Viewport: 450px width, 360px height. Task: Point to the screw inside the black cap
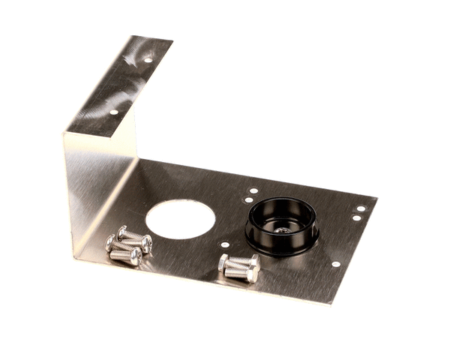click(283, 229)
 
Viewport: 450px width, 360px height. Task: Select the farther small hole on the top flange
click(148, 60)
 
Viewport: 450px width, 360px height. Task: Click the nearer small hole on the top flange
click(114, 112)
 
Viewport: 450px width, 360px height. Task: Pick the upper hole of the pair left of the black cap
click(253, 190)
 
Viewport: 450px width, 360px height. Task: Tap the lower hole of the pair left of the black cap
click(248, 200)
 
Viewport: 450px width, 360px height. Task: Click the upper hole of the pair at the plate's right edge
click(361, 208)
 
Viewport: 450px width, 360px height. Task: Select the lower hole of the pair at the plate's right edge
click(356, 218)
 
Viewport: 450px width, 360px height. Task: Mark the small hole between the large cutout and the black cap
click(225, 244)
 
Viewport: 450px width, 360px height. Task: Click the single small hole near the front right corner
click(335, 264)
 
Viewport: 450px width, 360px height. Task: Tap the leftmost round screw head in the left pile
click(110, 243)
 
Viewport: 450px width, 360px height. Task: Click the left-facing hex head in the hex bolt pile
click(223, 262)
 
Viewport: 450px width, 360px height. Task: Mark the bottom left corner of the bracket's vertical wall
click(75, 259)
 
